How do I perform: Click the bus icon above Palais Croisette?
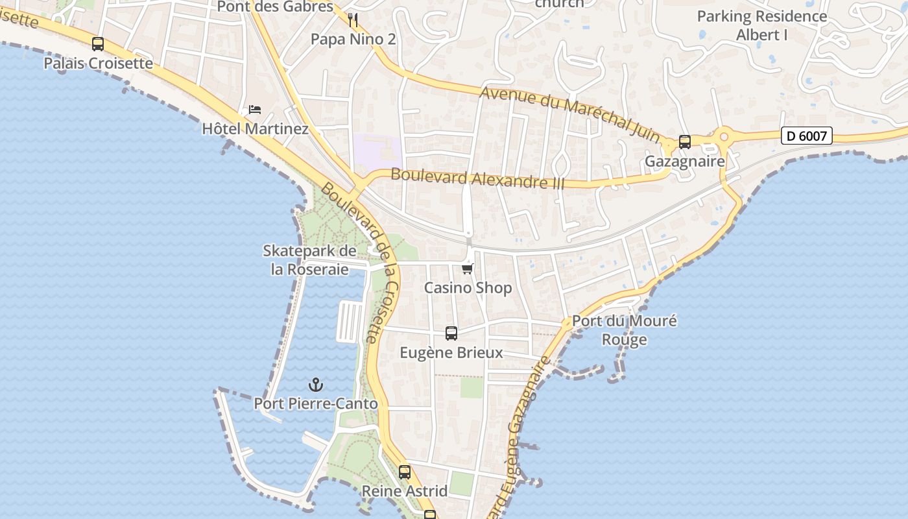pyautogui.click(x=98, y=44)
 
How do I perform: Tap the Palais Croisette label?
pyautogui.click(x=99, y=63)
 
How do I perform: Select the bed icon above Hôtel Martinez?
pyautogui.click(x=255, y=110)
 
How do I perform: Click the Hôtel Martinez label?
pyautogui.click(x=255, y=128)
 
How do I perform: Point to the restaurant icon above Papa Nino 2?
pyautogui.click(x=353, y=20)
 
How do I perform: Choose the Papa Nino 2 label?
pyautogui.click(x=353, y=39)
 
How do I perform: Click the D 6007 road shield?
pyautogui.click(x=806, y=136)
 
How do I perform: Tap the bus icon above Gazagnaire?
pyautogui.click(x=685, y=142)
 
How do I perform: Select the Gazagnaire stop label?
pyautogui.click(x=684, y=161)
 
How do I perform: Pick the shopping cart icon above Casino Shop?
pyautogui.click(x=468, y=269)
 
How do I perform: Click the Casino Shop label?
pyautogui.click(x=468, y=287)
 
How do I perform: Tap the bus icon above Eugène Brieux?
pyautogui.click(x=451, y=333)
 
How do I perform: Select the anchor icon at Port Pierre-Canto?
pyautogui.click(x=316, y=385)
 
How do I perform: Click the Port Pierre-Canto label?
pyautogui.click(x=316, y=404)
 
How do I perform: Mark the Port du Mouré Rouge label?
pyautogui.click(x=624, y=330)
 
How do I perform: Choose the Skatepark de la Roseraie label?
pyautogui.click(x=309, y=260)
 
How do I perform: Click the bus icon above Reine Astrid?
pyautogui.click(x=405, y=472)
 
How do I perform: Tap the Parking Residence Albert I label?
pyautogui.click(x=762, y=25)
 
